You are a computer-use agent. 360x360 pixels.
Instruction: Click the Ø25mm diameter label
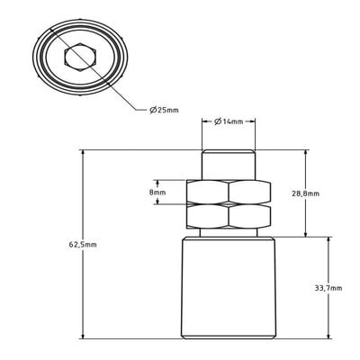point(164,110)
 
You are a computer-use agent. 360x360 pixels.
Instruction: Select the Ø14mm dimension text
point(229,121)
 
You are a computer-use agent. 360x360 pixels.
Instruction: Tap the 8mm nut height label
point(157,193)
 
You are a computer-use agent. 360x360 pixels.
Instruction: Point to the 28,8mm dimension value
point(305,193)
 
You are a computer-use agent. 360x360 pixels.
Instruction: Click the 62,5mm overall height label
point(83,245)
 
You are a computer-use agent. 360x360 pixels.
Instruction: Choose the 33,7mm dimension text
point(328,288)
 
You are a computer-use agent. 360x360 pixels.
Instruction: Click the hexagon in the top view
point(80,58)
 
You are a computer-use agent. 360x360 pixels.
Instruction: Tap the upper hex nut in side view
point(229,191)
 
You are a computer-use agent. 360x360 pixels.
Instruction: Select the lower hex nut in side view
point(229,216)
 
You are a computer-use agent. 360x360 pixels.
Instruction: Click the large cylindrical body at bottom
point(229,288)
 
